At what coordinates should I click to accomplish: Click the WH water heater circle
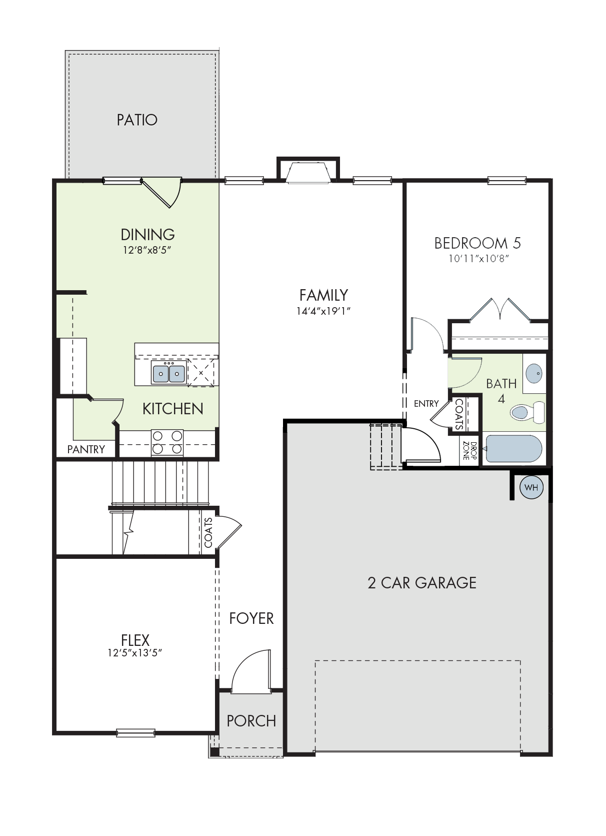531,487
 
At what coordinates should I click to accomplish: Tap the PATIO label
137,120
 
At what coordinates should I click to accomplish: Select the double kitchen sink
169,372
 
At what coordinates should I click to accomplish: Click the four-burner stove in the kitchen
167,442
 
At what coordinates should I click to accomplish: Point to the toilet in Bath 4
527,412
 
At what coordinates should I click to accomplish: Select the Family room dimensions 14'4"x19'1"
323,311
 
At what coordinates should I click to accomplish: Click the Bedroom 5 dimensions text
479,258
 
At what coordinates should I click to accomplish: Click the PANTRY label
86,449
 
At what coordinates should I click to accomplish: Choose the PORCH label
251,720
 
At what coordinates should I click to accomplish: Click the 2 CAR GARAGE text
422,582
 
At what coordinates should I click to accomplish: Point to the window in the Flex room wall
135,733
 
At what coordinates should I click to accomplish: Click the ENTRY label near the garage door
426,403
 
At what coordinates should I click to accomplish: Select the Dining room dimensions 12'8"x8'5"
147,250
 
